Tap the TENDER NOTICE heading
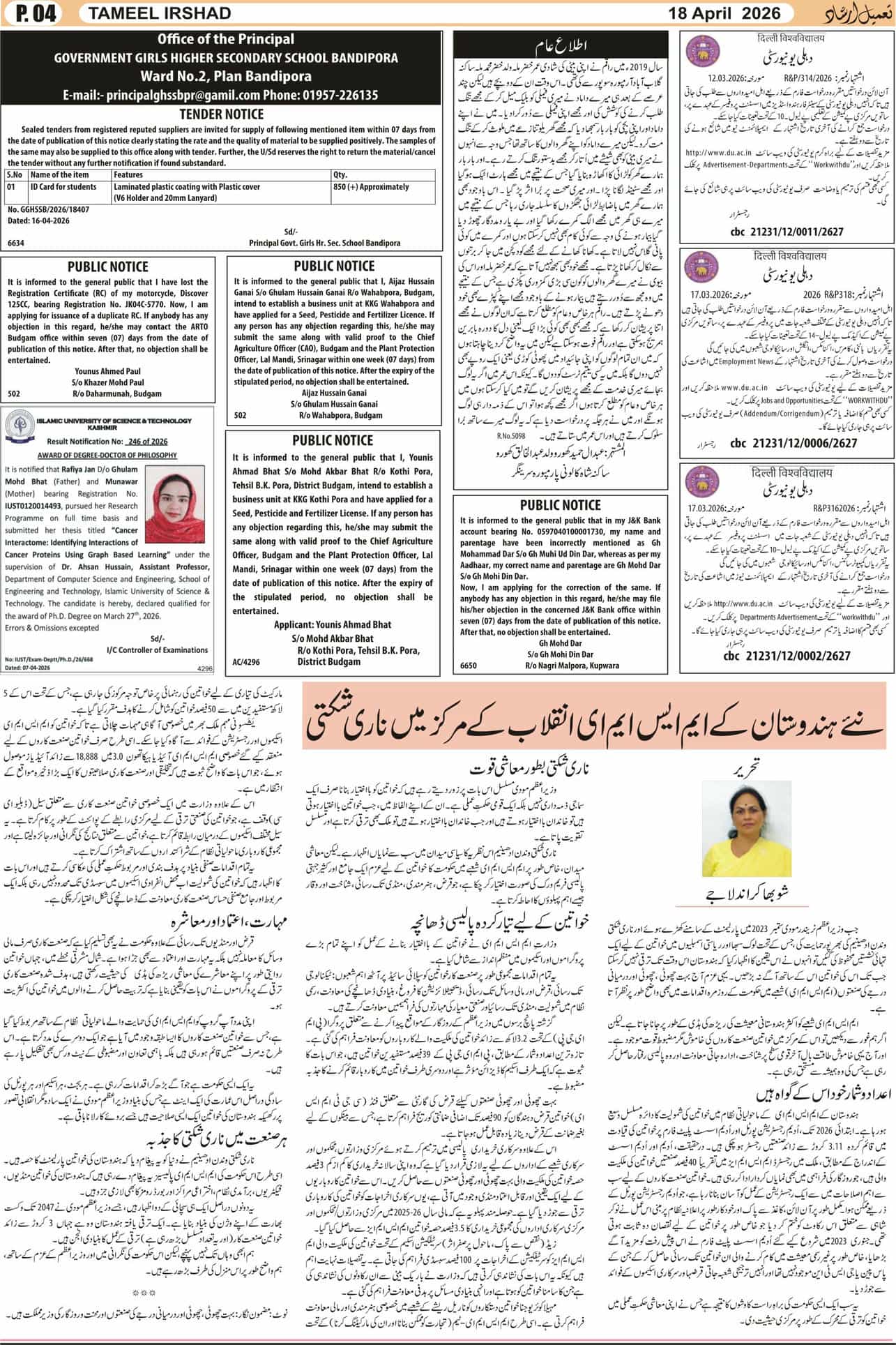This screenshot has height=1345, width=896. tap(222, 114)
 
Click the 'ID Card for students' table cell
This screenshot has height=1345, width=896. tap(63, 187)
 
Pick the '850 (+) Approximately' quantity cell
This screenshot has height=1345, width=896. tap(371, 187)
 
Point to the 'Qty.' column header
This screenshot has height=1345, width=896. tap(340, 174)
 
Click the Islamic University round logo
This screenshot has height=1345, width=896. tap(20, 424)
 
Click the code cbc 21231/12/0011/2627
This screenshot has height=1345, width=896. tap(787, 232)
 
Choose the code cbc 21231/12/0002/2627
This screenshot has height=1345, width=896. tap(787, 656)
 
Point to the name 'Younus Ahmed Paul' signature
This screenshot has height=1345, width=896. tap(109, 372)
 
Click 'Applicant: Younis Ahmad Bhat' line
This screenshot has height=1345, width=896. tap(332, 624)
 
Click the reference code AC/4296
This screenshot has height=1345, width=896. tap(246, 661)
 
